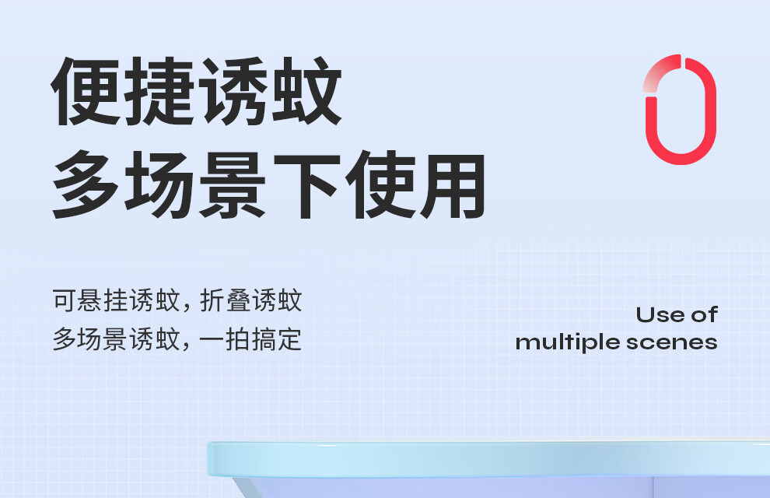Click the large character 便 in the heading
[85, 92]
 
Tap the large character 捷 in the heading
[159, 92]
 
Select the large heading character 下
[306, 185]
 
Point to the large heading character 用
[453, 185]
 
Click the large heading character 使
[380, 185]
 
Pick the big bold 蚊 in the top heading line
[306, 92]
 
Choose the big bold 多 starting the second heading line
[85, 185]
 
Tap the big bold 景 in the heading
[233, 185]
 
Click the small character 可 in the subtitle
[65, 300]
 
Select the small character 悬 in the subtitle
[90, 300]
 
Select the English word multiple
[568, 343]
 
